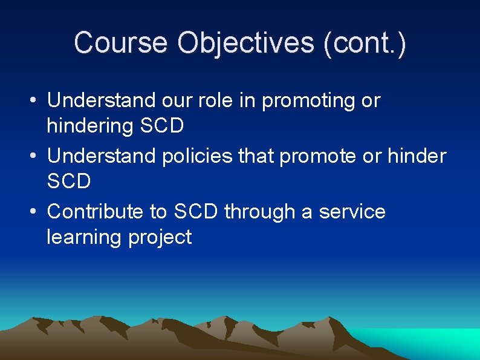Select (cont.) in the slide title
pyautogui.click(x=365, y=43)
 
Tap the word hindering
pyautogui.click(x=90, y=126)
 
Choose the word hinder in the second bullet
pyautogui.click(x=417, y=156)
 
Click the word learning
pyautogui.click(x=84, y=237)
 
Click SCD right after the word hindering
pyautogui.click(x=161, y=126)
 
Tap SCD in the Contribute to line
pyautogui.click(x=196, y=212)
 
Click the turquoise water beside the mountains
pyautogui.click(x=423, y=345)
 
